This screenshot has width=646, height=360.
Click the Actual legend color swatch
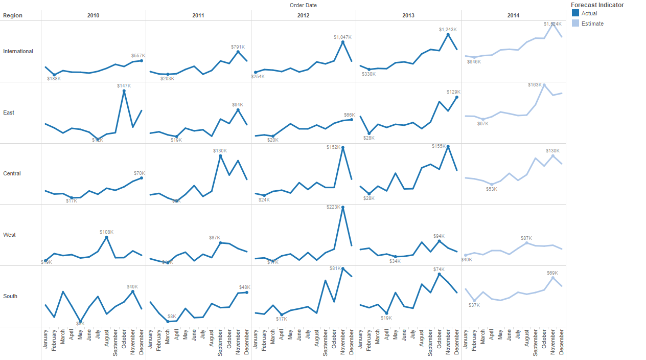[575, 13]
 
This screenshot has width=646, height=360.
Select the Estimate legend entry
[592, 24]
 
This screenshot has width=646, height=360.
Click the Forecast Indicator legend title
[597, 5]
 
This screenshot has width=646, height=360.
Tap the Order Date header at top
[303, 5]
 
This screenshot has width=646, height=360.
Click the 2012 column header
[303, 15]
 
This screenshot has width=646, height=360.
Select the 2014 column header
[513, 15]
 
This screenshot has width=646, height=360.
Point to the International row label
[18, 51]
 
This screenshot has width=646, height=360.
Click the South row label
[10, 296]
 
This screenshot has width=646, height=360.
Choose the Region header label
[13, 15]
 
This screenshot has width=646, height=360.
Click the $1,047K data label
[342, 37]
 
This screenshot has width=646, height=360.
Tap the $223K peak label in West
[333, 207]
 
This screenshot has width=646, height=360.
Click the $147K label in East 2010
[124, 86]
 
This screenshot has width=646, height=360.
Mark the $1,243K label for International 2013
[448, 30]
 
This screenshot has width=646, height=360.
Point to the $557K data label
[138, 56]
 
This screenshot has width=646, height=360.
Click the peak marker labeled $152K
[342, 147]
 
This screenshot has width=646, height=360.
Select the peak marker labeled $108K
[106, 237]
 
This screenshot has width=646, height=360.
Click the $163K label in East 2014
[535, 85]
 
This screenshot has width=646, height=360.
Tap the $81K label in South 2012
[335, 268]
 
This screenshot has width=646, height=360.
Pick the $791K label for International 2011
[238, 47]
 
